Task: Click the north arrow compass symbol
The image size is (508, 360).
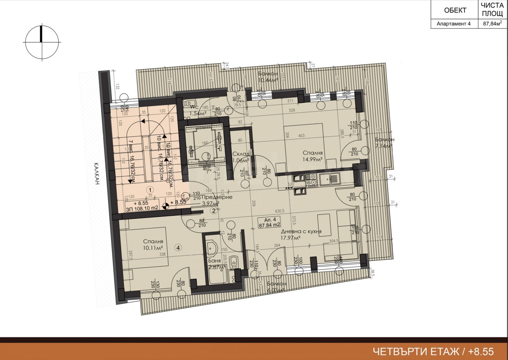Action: point(41,43)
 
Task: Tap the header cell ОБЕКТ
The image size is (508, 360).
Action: point(455,10)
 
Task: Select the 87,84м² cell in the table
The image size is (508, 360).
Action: point(492,24)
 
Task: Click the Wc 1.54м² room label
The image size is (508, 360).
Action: point(198,110)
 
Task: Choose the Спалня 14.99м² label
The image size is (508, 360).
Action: point(312,156)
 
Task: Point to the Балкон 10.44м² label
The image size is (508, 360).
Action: point(268,77)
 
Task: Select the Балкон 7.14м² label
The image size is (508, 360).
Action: point(384,143)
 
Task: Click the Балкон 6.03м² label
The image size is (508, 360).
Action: point(277,287)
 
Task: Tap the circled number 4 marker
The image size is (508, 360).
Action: point(178,248)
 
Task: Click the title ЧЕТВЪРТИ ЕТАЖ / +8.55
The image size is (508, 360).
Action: point(433,351)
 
